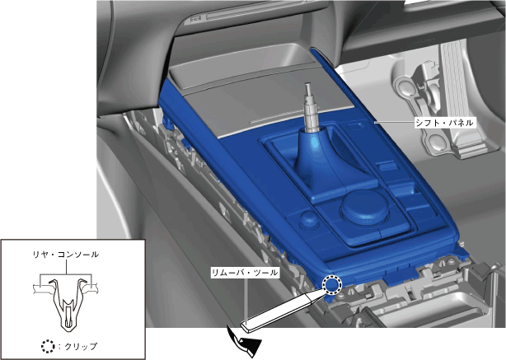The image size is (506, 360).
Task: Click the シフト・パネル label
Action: point(444,123)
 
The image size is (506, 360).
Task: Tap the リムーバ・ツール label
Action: point(244,273)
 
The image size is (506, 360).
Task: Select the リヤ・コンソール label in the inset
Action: point(65,255)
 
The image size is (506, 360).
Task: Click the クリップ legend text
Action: point(81,347)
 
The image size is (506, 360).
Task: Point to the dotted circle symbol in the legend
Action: point(48,346)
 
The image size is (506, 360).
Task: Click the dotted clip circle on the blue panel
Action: point(332,285)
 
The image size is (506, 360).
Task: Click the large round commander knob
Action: point(365,207)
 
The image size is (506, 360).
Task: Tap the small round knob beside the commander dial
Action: point(309,218)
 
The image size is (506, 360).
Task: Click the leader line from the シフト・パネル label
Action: point(394,123)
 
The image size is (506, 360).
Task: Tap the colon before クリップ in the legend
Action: point(59,347)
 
